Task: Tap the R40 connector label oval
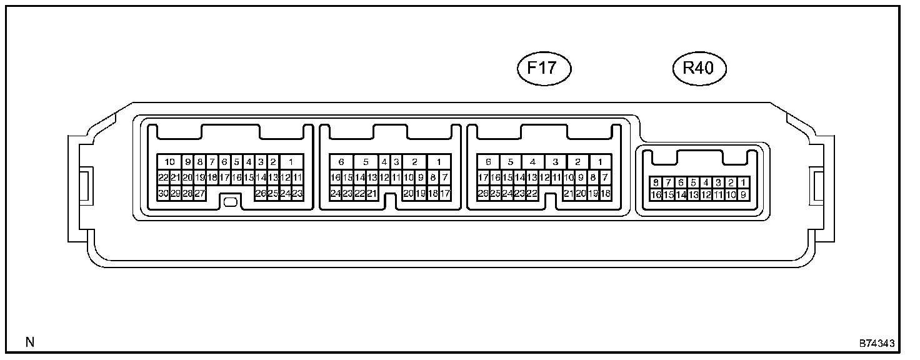pyautogui.click(x=699, y=68)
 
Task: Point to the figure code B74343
pyautogui.click(x=876, y=344)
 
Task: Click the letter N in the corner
pyautogui.click(x=29, y=342)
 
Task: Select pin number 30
pyautogui.click(x=163, y=194)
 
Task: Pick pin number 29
pyautogui.click(x=176, y=194)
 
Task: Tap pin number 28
pyautogui.click(x=187, y=194)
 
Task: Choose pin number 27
pyautogui.click(x=200, y=194)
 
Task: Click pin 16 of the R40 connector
pyautogui.click(x=656, y=195)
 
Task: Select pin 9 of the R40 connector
pyautogui.click(x=743, y=195)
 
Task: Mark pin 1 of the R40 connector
pyautogui.click(x=743, y=182)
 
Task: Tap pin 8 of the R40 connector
pyautogui.click(x=656, y=182)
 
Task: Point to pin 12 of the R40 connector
pyautogui.click(x=706, y=195)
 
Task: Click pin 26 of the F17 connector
pyautogui.click(x=482, y=194)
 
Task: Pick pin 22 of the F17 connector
pyautogui.click(x=532, y=194)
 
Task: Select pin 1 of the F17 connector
pyautogui.click(x=600, y=162)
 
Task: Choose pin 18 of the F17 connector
pyautogui.click(x=605, y=194)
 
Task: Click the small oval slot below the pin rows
pyautogui.click(x=230, y=202)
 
